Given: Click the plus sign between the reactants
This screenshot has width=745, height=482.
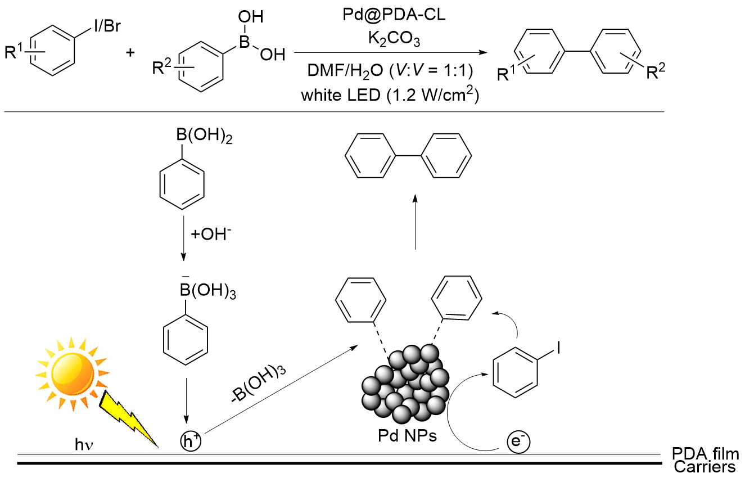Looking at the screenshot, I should click(x=130, y=54).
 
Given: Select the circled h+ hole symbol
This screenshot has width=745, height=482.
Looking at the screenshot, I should click(x=189, y=440).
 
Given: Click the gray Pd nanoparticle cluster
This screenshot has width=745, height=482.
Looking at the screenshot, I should click(x=403, y=385).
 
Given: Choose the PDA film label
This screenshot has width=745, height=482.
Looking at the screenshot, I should click(x=705, y=453).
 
